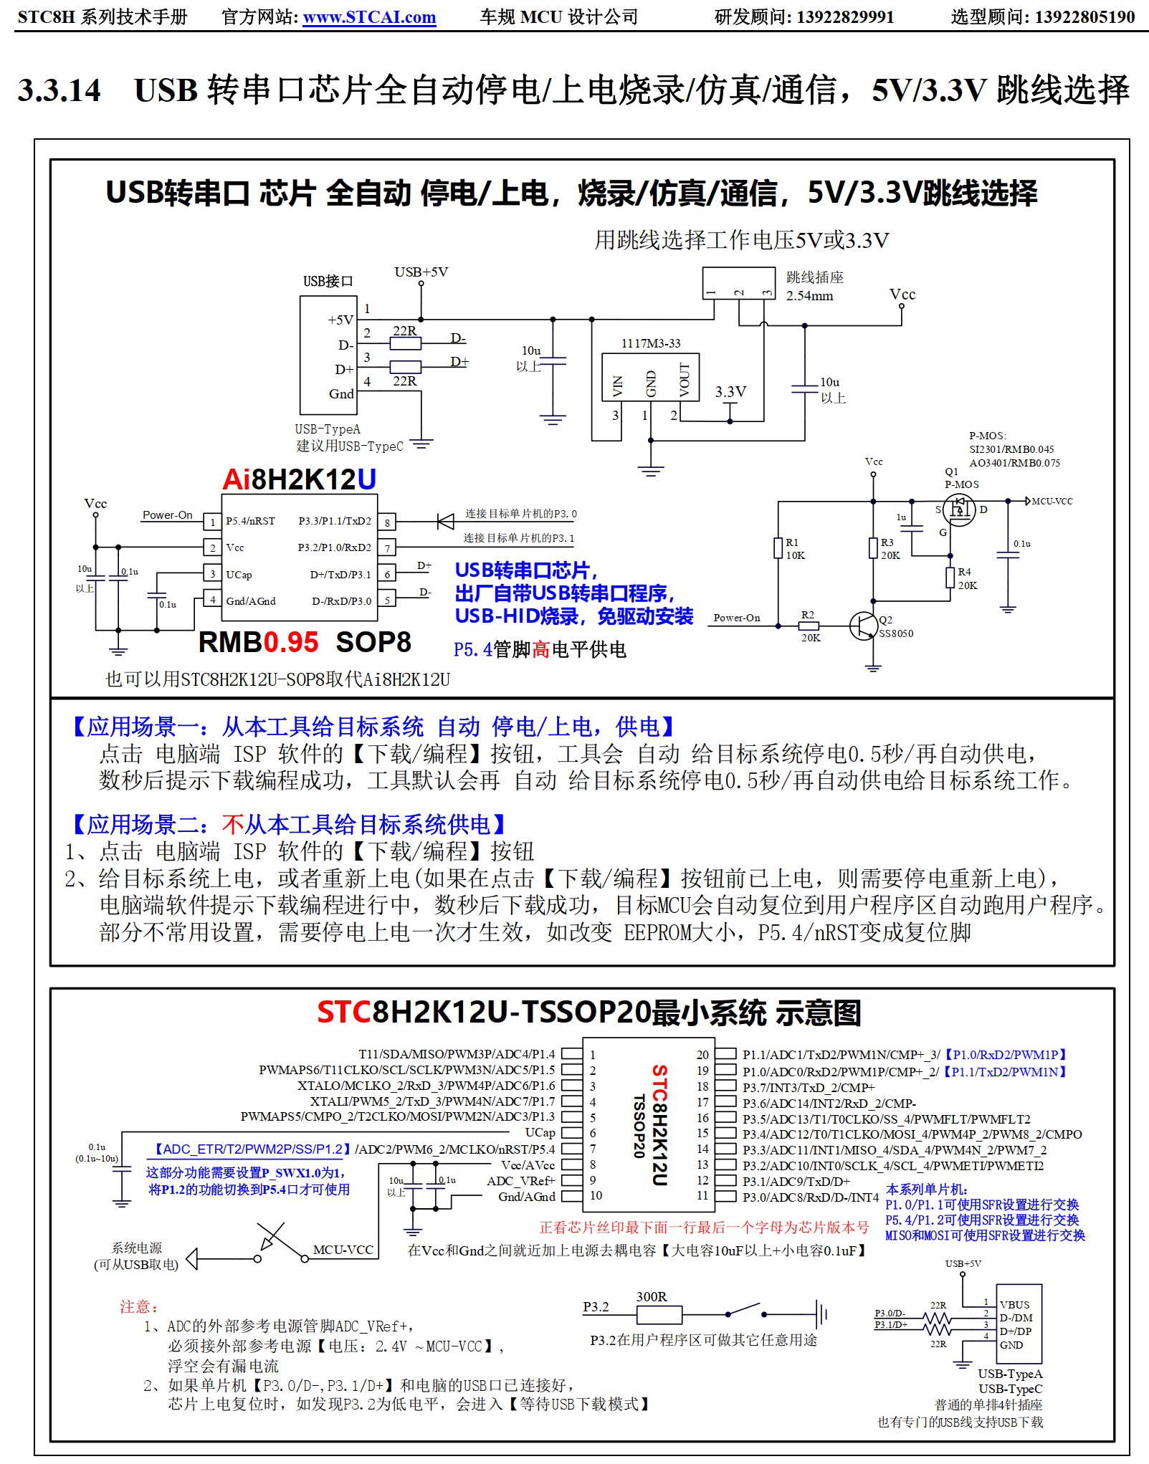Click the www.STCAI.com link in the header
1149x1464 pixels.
pos(369,17)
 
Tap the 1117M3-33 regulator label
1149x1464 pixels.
pos(650,343)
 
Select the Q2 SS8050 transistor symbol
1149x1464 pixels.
pos(864,626)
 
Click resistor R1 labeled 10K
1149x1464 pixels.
pos(778,548)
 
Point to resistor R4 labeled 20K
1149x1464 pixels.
pos(950,578)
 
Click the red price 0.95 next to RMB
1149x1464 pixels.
pos(290,642)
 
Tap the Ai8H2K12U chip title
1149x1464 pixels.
pos(299,479)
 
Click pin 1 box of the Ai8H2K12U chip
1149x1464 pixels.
pos(212,522)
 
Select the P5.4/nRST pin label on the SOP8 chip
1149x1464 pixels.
pos(250,521)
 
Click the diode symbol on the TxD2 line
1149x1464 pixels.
pos(446,521)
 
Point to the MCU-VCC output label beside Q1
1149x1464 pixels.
pos(1052,501)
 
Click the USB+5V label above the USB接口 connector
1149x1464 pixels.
pos(421,272)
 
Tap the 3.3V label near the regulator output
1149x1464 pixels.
pos(730,392)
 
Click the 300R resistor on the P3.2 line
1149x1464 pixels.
pos(659,1314)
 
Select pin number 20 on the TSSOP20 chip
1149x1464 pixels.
pos(702,1055)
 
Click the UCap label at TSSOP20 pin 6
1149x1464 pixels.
pos(540,1133)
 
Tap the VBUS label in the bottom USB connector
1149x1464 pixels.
pos(1014,1305)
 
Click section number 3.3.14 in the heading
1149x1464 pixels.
pos(59,91)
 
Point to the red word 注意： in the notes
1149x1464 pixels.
pos(139,1306)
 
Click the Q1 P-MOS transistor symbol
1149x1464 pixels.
pos(958,509)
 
